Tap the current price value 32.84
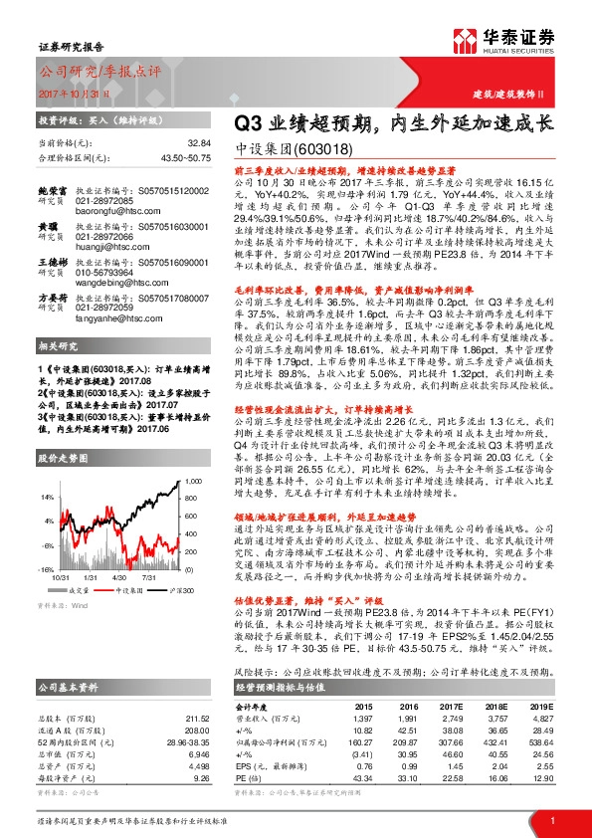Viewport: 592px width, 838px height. [200, 143]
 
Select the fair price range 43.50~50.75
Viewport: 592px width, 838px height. [186, 157]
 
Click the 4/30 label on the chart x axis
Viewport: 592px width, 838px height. [123, 578]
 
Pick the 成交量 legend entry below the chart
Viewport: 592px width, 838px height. [85, 591]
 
